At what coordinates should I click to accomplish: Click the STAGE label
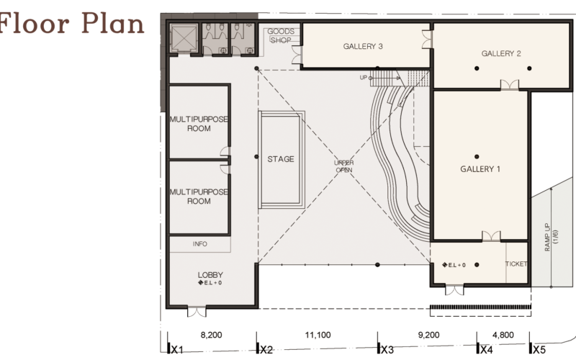[281, 159]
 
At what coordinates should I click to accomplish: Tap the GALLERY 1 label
[480, 169]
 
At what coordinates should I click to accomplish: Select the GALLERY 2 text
[501, 53]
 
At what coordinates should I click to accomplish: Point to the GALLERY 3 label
[363, 46]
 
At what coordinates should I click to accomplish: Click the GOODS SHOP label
[281, 35]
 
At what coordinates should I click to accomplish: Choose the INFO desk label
[200, 244]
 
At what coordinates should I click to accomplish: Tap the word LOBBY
[210, 275]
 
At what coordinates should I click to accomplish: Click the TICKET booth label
[516, 264]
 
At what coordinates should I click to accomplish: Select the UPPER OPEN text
[344, 166]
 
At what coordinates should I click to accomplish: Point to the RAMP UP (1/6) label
[551, 237]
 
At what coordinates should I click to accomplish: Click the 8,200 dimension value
[211, 335]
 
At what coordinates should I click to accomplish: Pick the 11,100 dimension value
[318, 335]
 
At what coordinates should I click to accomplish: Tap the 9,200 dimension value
[428, 335]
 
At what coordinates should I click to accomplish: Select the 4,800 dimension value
[503, 335]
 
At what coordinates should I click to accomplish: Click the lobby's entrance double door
[197, 311]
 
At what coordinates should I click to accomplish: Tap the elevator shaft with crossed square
[184, 39]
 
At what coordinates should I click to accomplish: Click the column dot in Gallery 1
[477, 156]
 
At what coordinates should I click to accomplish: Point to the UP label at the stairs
[364, 78]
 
